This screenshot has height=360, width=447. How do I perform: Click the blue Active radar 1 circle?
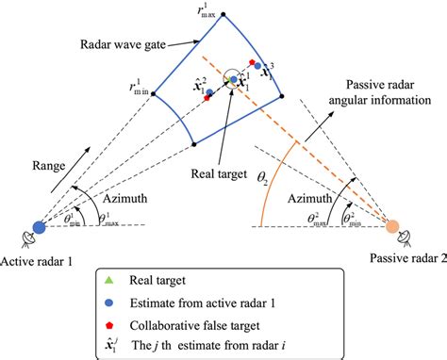pos(39,227)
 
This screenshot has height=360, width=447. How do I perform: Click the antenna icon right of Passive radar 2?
pos(418,236)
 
